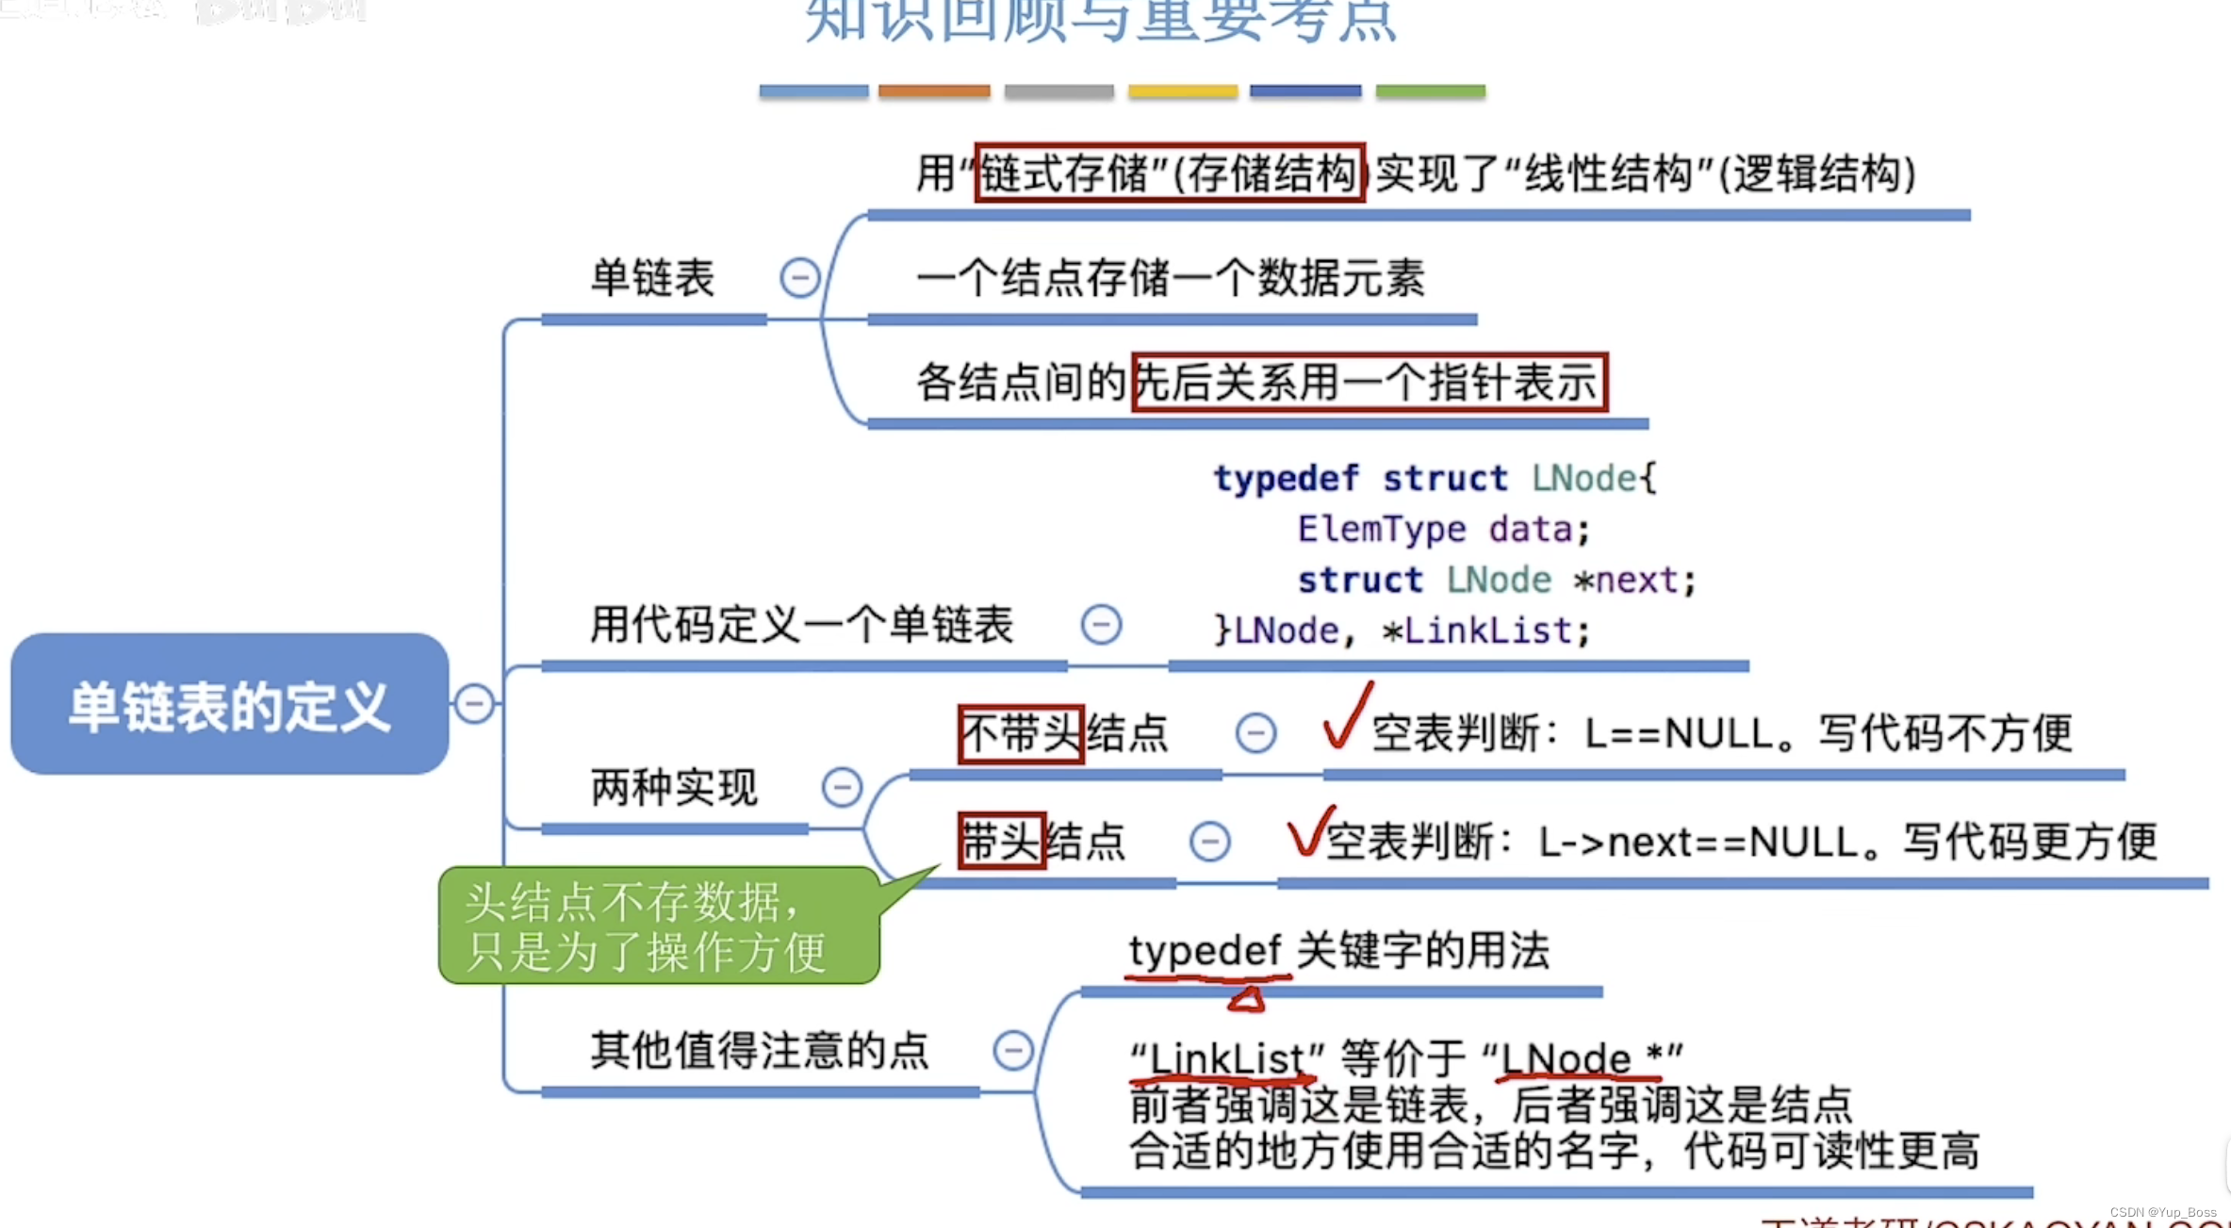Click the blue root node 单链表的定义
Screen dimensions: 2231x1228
[x=229, y=705]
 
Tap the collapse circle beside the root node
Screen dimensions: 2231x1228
[x=474, y=704]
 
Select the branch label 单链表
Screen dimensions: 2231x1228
[x=652, y=278]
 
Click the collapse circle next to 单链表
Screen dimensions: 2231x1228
[x=799, y=278]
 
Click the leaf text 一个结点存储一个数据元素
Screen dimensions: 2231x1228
[x=1170, y=279]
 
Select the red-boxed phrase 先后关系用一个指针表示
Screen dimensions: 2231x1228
[x=1369, y=382]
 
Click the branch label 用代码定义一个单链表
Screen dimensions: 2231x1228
[x=801, y=625]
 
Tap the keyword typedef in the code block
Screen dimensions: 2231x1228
[x=1286, y=479]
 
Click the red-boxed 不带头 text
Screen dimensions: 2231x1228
[x=1021, y=733]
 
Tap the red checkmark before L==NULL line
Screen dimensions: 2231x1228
[x=1347, y=715]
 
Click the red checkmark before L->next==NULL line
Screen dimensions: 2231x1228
[x=1309, y=829]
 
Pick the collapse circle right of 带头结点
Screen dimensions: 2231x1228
[x=1209, y=842]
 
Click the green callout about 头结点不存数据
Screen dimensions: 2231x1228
[x=660, y=925]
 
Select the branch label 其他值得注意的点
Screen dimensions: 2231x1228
[x=760, y=1050]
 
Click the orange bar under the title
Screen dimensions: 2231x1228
[x=934, y=91]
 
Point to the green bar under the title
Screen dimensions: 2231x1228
[x=1430, y=91]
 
